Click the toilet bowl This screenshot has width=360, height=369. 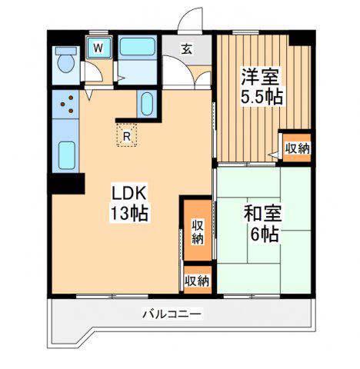click(66, 64)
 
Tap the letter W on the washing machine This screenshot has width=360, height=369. click(98, 48)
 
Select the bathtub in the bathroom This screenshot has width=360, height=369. click(137, 46)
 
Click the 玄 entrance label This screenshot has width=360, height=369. click(187, 49)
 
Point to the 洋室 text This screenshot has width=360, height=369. click(260, 76)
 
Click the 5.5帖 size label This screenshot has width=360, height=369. click(262, 96)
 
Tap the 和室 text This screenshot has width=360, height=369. click(262, 214)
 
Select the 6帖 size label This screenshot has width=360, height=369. click(265, 234)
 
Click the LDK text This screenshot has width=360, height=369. click(128, 194)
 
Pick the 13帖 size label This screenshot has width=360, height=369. click(129, 213)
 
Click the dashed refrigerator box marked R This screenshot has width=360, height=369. click(126, 135)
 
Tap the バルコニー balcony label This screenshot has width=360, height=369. click(172, 314)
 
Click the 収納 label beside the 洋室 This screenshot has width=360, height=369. click(298, 148)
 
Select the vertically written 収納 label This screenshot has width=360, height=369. click(198, 232)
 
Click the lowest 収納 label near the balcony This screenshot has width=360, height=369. click(197, 281)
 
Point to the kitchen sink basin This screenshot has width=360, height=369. click(67, 155)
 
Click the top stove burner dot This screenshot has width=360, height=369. click(71, 98)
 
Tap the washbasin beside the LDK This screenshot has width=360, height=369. click(147, 104)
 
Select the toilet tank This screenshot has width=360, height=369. click(66, 51)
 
